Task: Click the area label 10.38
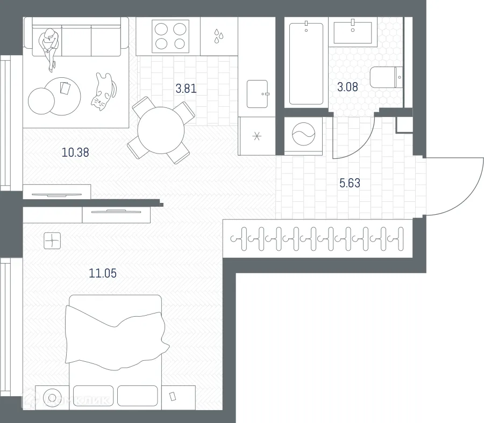click(x=75, y=152)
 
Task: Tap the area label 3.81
click(x=186, y=89)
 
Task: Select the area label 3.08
click(x=347, y=86)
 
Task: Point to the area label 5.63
click(x=350, y=183)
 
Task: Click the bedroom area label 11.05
click(x=103, y=273)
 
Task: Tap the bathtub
click(x=306, y=63)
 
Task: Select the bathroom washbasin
click(x=353, y=32)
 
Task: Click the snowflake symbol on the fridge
click(x=257, y=136)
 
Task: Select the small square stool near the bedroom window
click(x=52, y=240)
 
